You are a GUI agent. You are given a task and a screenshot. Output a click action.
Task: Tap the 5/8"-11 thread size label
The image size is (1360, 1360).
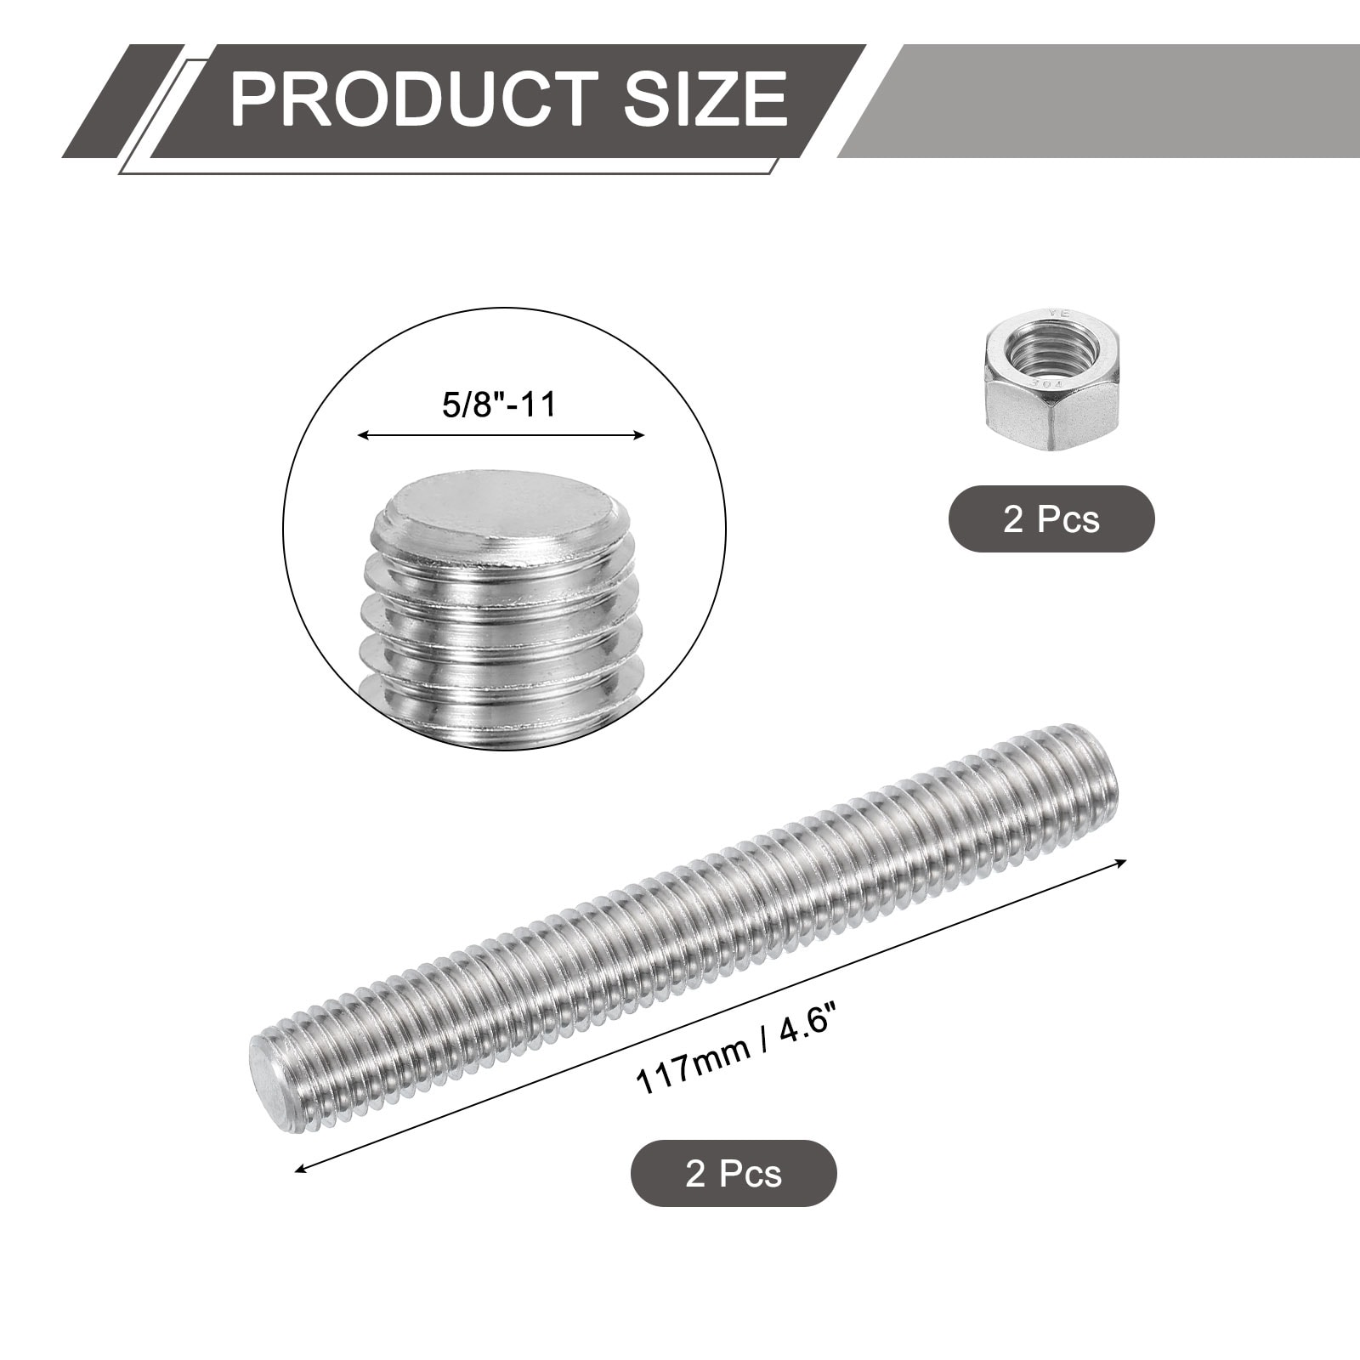point(500,405)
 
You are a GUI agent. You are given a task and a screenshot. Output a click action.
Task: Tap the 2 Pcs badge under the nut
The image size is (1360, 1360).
point(1051,519)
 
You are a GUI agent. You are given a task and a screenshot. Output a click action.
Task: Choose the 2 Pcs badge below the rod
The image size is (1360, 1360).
point(734,1174)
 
